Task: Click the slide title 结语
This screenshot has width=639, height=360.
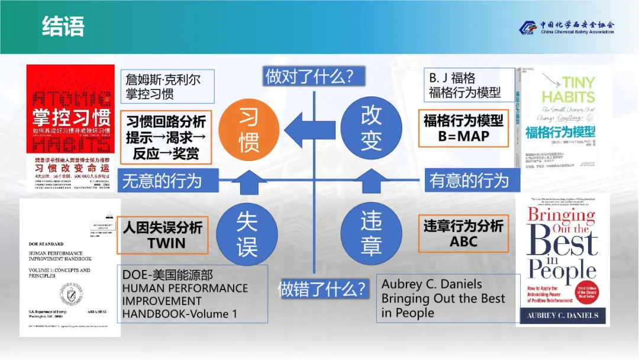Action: [63, 27]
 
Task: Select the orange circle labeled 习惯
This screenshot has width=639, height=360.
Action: [248, 130]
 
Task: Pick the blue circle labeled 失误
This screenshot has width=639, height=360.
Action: [247, 234]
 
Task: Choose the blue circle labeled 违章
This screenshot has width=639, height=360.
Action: [371, 234]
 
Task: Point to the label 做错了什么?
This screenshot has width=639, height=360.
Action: [323, 288]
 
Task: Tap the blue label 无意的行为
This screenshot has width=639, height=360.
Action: [162, 181]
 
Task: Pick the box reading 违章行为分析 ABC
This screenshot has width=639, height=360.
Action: [463, 233]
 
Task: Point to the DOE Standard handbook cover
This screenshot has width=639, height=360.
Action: [70, 268]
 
